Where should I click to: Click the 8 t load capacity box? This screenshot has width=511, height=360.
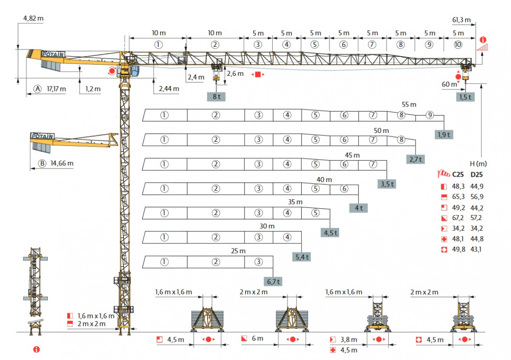click(216, 96)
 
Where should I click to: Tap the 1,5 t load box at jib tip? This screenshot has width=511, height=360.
click(465, 97)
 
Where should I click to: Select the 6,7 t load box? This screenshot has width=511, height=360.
click(273, 282)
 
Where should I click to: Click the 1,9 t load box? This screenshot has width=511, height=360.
click(444, 135)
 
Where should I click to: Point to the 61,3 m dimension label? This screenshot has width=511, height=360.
click(462, 20)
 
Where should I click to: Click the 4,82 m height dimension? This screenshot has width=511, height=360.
click(33, 18)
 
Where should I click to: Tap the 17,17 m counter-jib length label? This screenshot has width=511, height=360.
click(56, 89)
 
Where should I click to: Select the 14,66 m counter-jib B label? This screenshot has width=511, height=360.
click(62, 163)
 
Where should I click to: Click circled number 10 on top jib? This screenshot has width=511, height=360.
click(458, 45)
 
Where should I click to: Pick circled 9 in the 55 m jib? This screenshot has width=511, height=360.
click(430, 115)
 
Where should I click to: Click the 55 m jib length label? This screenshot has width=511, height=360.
click(409, 104)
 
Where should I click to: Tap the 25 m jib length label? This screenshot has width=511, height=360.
click(238, 251)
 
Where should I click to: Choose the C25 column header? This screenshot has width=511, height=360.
click(458, 174)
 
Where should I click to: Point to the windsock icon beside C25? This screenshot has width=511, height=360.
click(444, 174)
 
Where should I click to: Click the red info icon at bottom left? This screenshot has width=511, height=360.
click(37, 349)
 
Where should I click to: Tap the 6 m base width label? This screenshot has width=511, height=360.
click(257, 339)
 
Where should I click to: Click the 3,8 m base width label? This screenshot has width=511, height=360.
click(349, 340)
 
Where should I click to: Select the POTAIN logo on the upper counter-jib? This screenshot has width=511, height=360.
click(53, 54)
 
